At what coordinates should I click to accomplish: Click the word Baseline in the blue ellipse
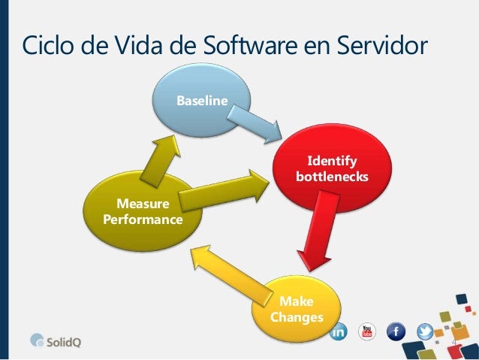click(202, 101)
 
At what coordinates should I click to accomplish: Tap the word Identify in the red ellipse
click(332, 161)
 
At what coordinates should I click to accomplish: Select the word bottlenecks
click(332, 177)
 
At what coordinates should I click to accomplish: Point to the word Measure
click(143, 204)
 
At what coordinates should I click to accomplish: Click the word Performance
click(143, 219)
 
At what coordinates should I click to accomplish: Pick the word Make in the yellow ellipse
click(297, 301)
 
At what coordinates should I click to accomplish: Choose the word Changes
click(297, 317)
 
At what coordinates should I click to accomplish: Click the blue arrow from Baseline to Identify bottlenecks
click(255, 124)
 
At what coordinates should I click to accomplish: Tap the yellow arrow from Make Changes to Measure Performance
click(231, 274)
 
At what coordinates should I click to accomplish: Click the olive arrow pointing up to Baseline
click(161, 161)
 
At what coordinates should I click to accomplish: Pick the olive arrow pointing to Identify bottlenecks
click(224, 190)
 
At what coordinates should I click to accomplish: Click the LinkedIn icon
click(339, 331)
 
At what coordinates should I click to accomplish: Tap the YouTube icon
click(367, 331)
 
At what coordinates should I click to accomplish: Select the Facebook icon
click(396, 331)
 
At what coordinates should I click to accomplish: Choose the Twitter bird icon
click(425, 331)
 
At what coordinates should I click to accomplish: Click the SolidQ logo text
click(64, 342)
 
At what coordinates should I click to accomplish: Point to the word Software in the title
click(250, 45)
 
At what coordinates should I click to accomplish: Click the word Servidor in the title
click(382, 45)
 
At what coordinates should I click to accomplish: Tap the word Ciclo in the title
click(47, 45)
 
